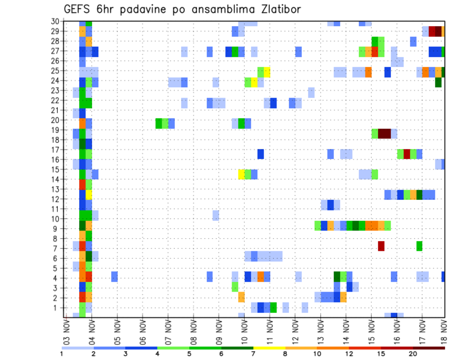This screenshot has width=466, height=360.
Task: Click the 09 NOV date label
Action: tap(218, 331)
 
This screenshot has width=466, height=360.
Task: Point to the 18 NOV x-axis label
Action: tap(444, 331)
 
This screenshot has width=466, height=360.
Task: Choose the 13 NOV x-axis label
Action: tap(320, 331)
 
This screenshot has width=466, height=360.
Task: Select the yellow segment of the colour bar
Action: tap(269, 347)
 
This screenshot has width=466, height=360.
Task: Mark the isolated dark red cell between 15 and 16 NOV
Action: tap(381, 246)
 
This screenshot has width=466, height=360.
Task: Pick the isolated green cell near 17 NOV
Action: tap(419, 246)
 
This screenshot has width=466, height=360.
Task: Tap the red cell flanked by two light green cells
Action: tap(407, 154)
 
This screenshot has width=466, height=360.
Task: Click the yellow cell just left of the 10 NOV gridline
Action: tap(241, 174)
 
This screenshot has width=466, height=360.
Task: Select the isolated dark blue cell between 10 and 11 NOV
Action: tap(261, 154)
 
